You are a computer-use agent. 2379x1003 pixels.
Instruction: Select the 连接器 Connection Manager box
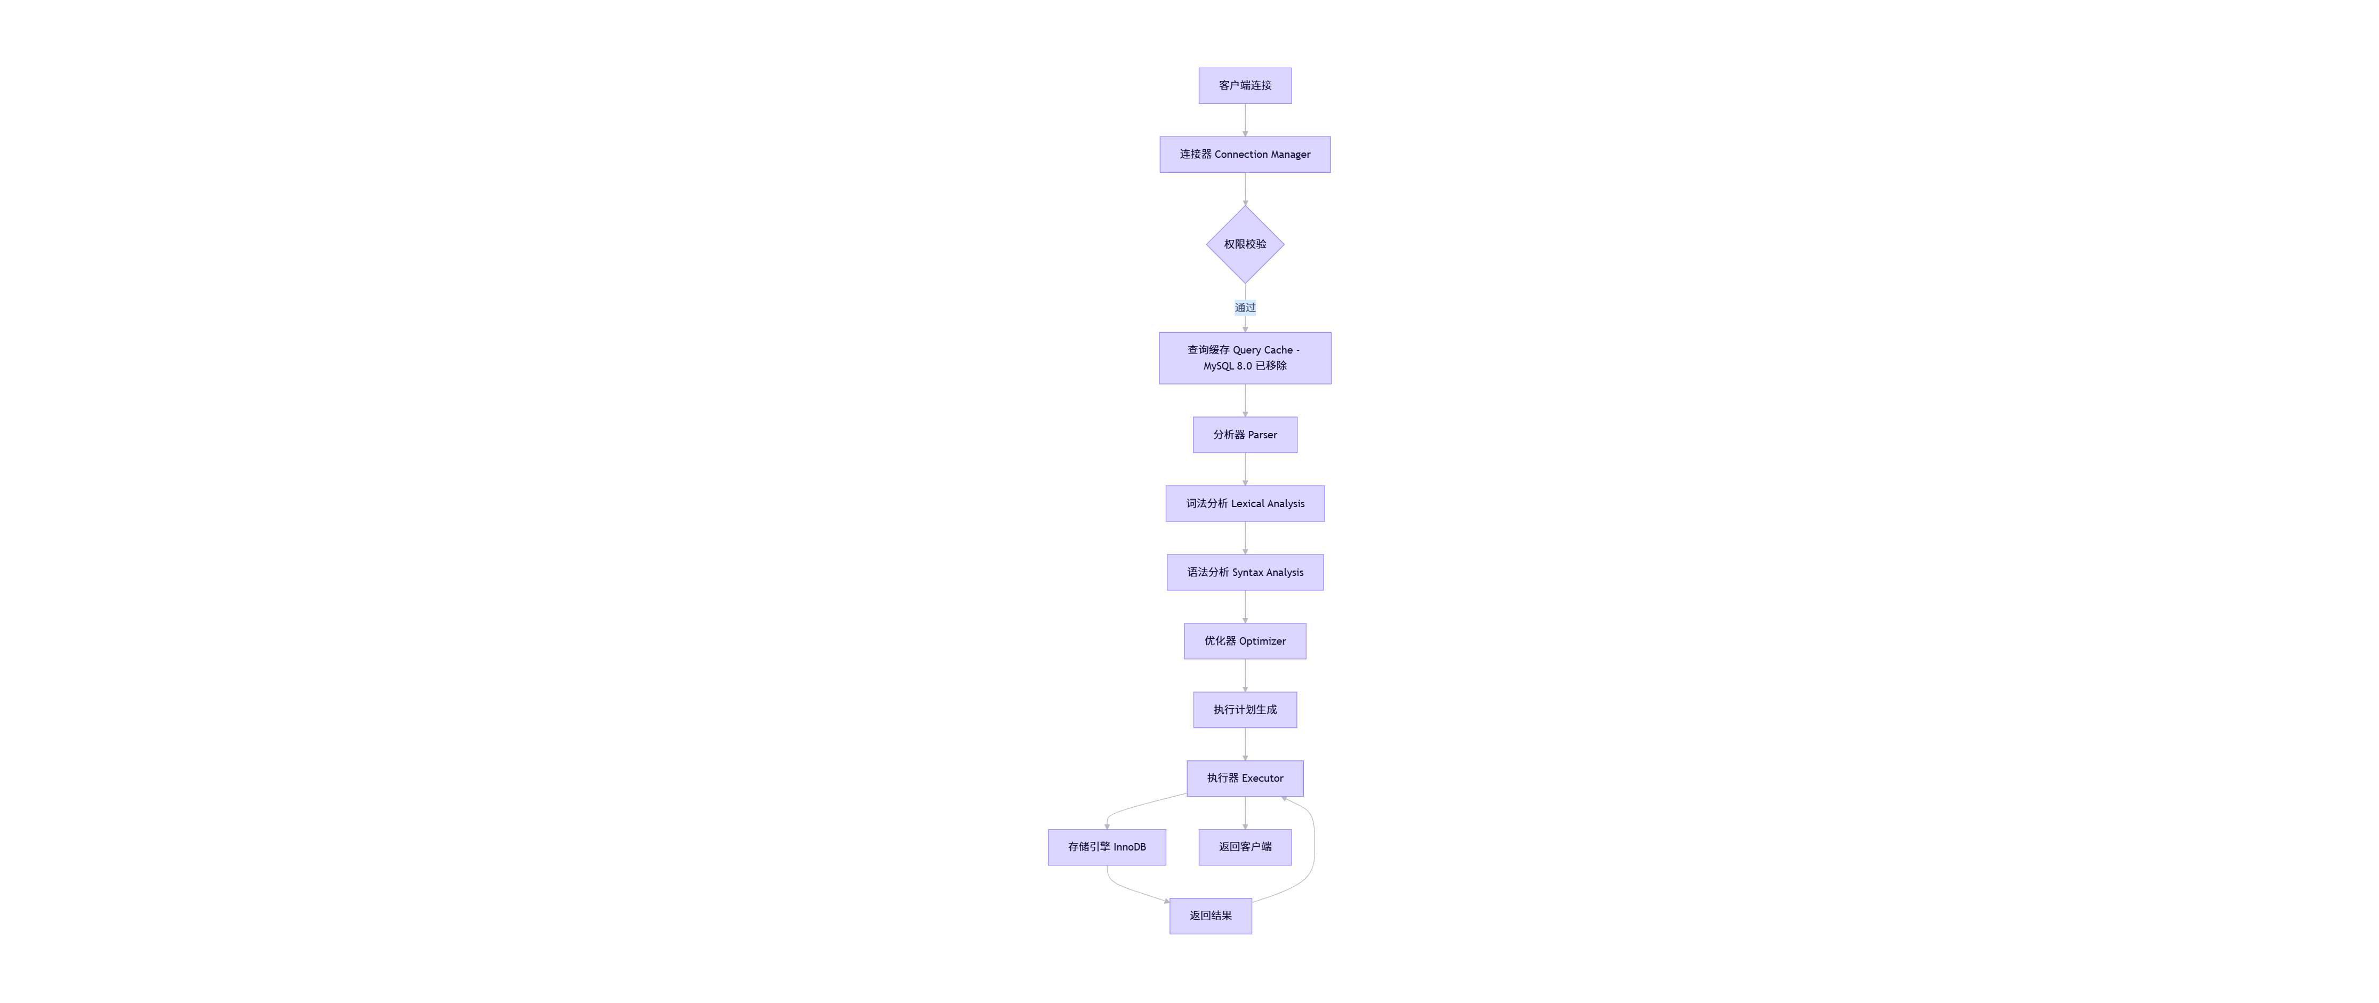click(1244, 154)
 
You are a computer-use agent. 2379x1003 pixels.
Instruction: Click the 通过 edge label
click(1244, 308)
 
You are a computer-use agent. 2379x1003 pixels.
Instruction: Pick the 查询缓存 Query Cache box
click(1244, 357)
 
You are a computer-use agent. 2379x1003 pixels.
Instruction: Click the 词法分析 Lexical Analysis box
click(1244, 503)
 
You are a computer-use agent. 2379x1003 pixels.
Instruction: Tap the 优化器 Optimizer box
click(1244, 641)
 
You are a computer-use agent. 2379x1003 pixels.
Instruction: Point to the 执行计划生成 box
click(1244, 709)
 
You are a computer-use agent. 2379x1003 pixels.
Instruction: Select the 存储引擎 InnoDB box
click(1107, 847)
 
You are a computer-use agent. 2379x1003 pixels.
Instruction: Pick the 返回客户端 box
click(1244, 847)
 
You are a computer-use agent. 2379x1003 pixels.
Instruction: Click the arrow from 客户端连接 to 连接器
click(1244, 120)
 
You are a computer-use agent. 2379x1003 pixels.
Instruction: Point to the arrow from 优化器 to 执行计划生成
click(1244, 675)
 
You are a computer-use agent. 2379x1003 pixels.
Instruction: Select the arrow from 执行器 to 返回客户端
click(1244, 813)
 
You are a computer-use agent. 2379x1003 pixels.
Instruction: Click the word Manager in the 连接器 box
click(1290, 154)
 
